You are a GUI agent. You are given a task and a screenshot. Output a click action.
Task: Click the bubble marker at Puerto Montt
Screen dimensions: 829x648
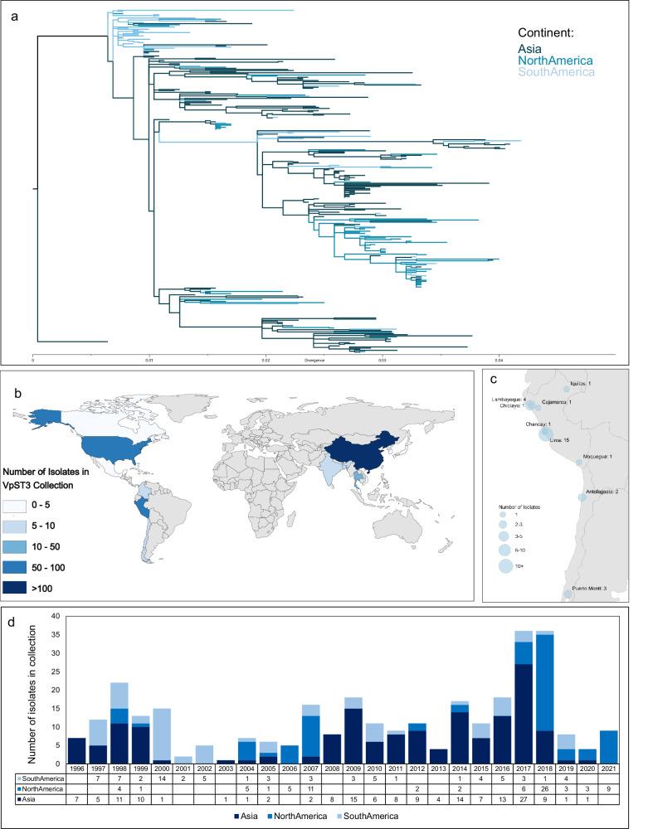point(568,594)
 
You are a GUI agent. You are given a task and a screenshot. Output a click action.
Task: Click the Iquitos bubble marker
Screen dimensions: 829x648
point(567,388)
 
